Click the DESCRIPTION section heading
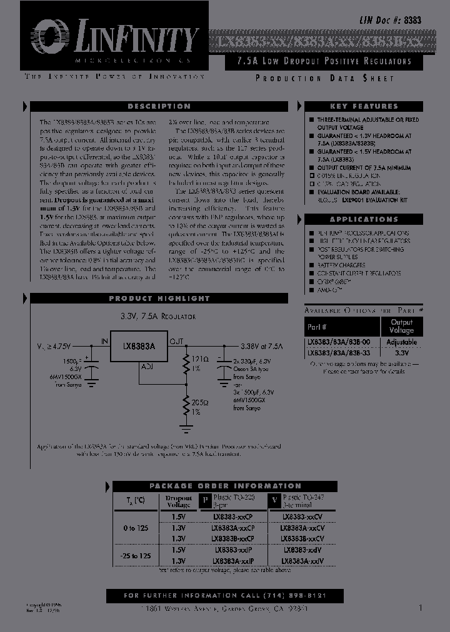(x=159, y=107)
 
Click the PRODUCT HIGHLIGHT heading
(x=159, y=299)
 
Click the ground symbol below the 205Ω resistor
(x=185, y=428)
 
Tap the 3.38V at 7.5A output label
(x=262, y=345)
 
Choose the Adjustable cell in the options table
(x=401, y=342)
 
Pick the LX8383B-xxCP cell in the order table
(x=232, y=538)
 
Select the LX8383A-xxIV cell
(x=302, y=561)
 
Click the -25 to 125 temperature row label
(x=136, y=555)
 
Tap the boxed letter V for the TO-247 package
(x=273, y=500)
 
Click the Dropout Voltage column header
(x=178, y=501)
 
